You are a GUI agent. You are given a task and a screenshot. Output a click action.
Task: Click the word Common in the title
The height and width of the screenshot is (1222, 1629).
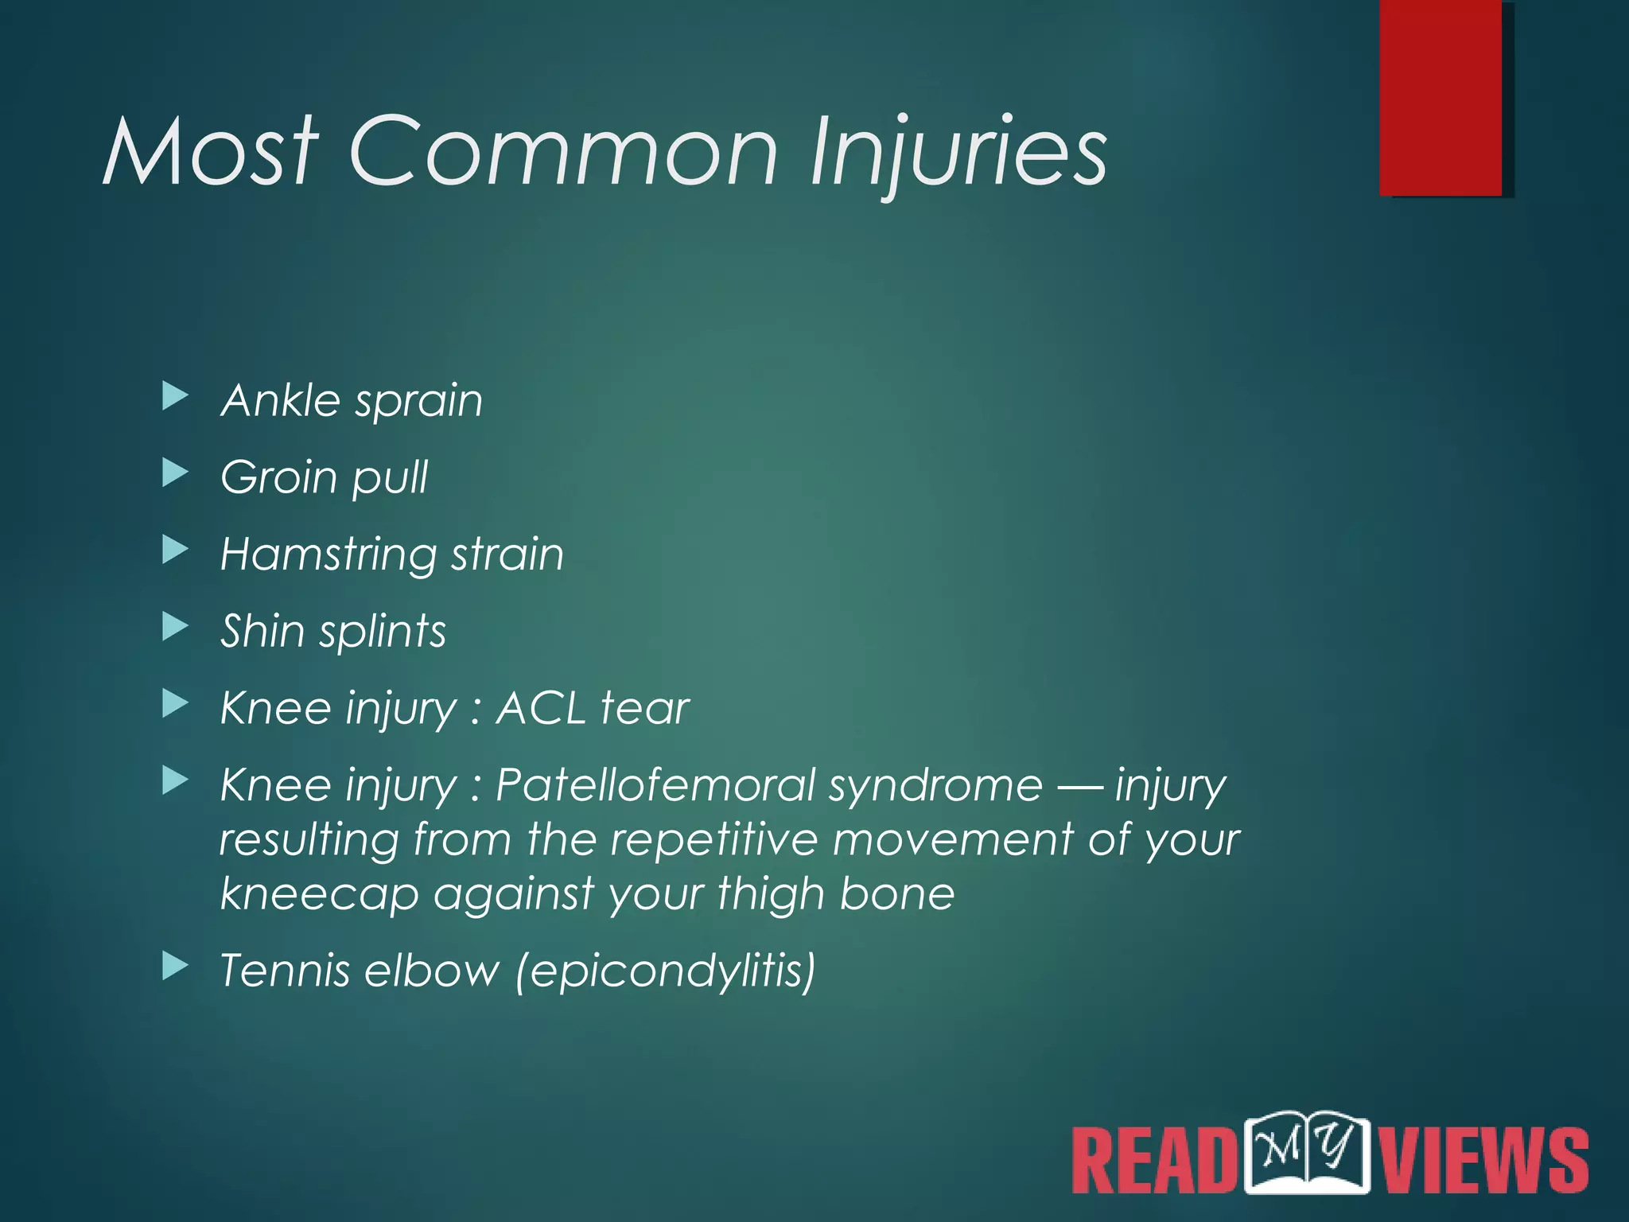(563, 151)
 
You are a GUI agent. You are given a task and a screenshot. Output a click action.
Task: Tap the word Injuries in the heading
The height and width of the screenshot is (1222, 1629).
(958, 153)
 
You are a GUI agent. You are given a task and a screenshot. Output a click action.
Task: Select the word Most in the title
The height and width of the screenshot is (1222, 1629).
(210, 151)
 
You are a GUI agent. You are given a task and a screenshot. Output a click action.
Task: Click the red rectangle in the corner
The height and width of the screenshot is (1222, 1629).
(1440, 97)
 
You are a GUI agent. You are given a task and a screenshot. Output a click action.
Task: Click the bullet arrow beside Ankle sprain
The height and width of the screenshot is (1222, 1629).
(175, 396)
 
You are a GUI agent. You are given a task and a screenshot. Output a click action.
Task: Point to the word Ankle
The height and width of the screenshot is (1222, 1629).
(280, 399)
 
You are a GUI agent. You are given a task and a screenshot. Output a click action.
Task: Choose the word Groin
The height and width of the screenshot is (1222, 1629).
(278, 477)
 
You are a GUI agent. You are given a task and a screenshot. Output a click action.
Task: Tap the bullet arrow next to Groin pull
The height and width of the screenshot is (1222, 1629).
(175, 473)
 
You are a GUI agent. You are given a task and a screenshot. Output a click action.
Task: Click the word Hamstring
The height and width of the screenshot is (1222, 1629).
(327, 555)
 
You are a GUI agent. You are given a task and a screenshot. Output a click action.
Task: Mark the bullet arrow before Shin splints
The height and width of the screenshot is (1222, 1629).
(175, 627)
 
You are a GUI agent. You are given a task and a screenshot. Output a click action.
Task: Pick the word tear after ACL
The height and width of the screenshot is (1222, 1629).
(645, 707)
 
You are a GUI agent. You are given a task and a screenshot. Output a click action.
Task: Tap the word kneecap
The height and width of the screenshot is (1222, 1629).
(319, 895)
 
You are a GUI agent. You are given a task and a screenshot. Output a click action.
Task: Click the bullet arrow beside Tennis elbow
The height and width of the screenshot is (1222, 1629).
(175, 967)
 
